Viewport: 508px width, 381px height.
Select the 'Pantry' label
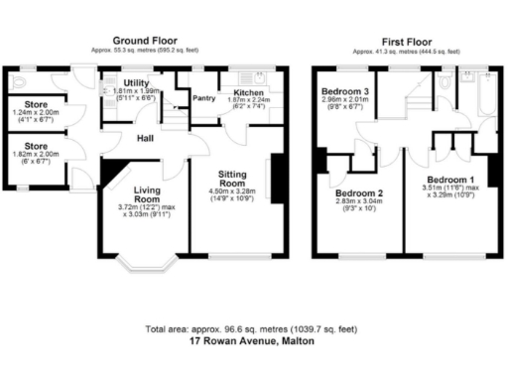click(204, 97)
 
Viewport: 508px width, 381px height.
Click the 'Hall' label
click(145, 138)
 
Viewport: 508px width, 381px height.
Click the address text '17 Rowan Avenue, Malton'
click(253, 340)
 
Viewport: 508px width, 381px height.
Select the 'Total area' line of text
click(253, 328)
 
